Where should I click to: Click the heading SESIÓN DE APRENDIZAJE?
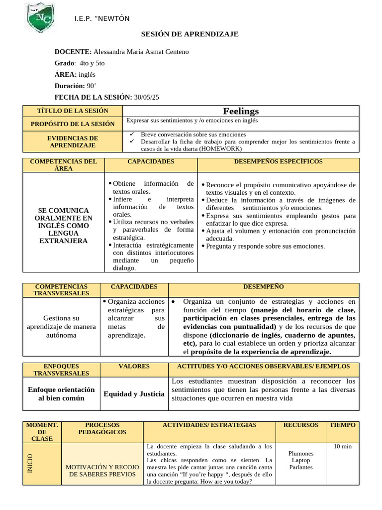190,34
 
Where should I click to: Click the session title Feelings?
241,111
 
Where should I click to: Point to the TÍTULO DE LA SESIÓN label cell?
73,111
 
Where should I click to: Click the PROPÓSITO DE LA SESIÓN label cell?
73,124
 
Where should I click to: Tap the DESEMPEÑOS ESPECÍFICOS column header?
278,162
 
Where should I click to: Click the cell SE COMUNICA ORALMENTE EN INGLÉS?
64,226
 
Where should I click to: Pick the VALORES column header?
134,366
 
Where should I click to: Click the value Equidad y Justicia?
134,394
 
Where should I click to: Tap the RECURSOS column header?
300,425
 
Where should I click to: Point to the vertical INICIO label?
31,464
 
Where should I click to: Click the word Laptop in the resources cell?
300,461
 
